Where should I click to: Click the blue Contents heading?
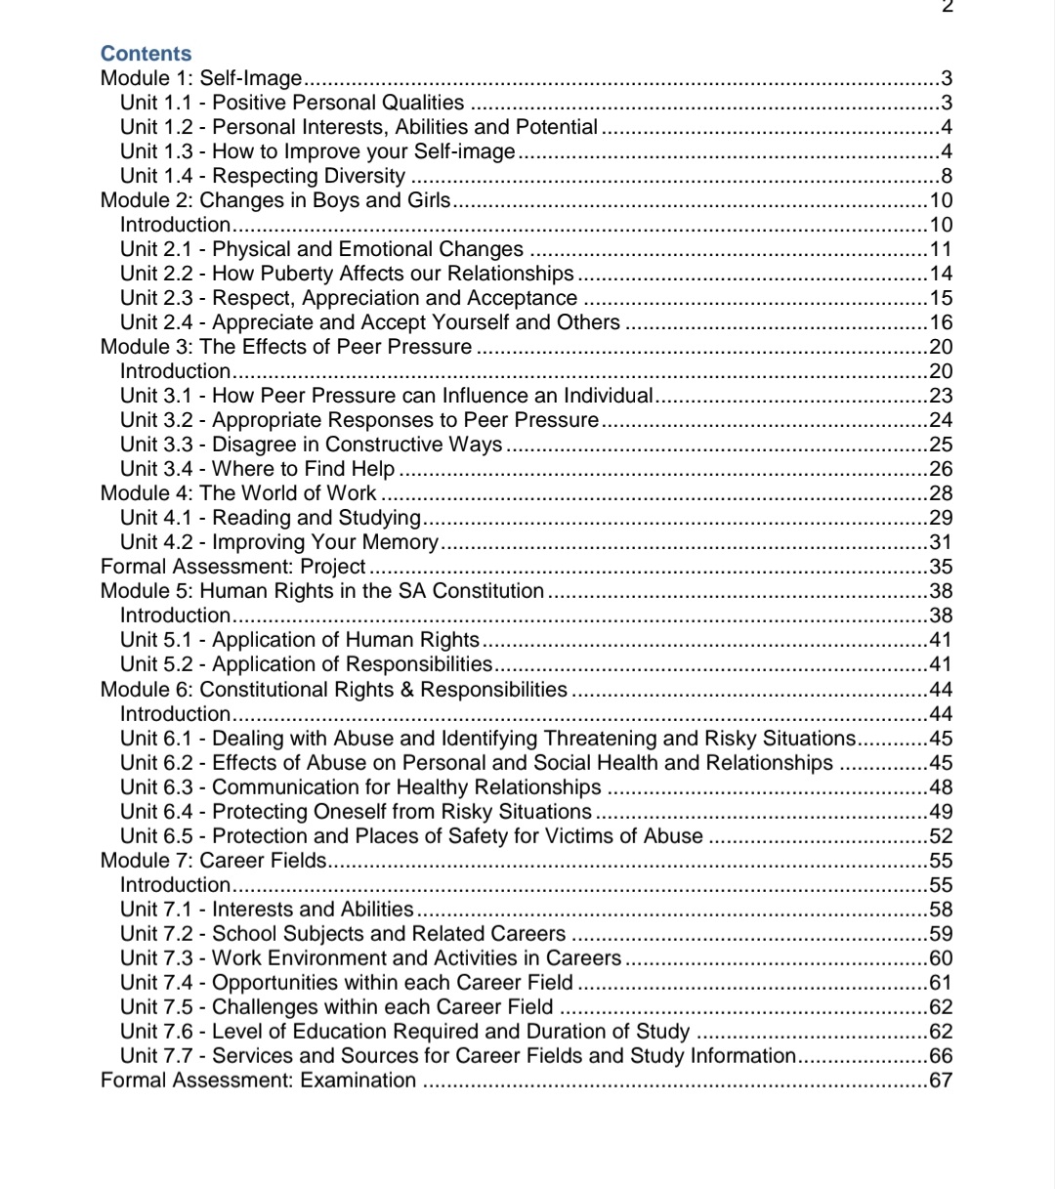click(x=147, y=54)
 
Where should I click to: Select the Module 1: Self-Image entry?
click(x=201, y=78)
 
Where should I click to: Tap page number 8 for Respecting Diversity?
click(x=946, y=177)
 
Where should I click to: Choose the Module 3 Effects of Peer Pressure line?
click(x=286, y=347)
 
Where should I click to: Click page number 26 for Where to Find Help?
click(x=941, y=469)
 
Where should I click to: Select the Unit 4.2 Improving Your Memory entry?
click(x=279, y=542)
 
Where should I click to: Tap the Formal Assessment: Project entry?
click(x=232, y=567)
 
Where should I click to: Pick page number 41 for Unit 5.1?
click(x=941, y=641)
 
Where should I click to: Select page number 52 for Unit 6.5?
click(x=941, y=836)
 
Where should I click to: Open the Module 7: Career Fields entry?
click(x=214, y=861)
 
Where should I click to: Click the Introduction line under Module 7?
click(x=175, y=885)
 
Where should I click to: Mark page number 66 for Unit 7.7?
click(x=941, y=1056)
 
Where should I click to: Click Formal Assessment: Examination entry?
click(x=258, y=1081)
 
